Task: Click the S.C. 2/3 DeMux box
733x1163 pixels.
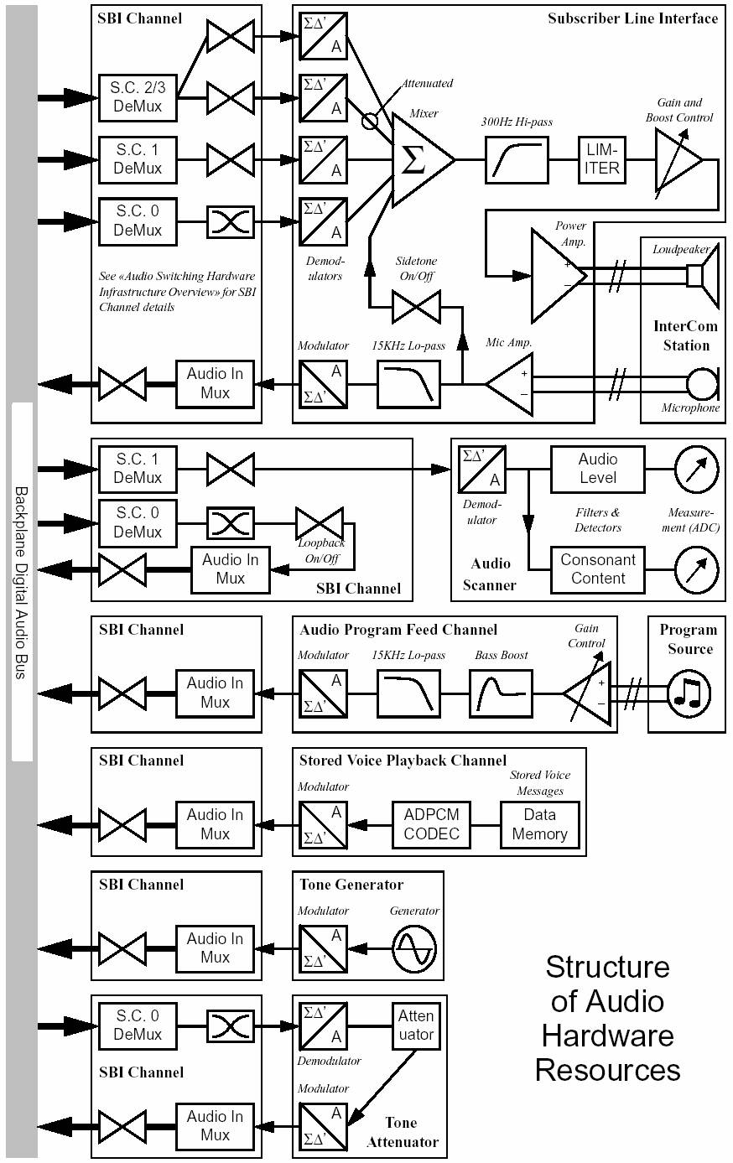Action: pos(138,97)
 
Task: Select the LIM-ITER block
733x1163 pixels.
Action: pos(602,159)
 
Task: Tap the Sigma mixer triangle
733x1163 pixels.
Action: pos(419,159)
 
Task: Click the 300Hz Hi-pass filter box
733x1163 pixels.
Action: pos(517,159)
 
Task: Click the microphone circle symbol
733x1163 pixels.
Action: pos(701,384)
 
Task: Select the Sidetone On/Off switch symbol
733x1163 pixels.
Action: pos(415,307)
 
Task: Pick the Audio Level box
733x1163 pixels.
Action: pos(597,469)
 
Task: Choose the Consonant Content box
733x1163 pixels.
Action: pos(597,569)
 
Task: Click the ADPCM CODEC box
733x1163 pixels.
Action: pos(431,824)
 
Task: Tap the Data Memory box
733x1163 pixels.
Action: pos(539,824)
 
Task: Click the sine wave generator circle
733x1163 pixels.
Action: pos(414,948)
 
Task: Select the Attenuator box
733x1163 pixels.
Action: pos(416,1025)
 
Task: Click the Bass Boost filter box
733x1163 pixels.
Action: pos(501,693)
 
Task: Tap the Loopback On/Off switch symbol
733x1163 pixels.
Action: pos(319,522)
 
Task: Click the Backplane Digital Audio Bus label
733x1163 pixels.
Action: pos(22,582)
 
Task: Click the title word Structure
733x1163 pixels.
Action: pos(607,967)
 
